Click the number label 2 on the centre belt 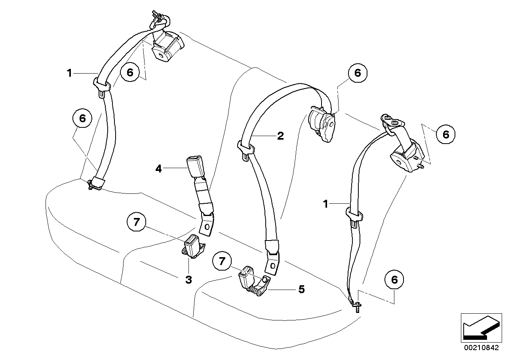point(280,136)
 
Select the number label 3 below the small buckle point(188,280)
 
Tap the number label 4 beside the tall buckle point(159,169)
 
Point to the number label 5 point(301,290)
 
